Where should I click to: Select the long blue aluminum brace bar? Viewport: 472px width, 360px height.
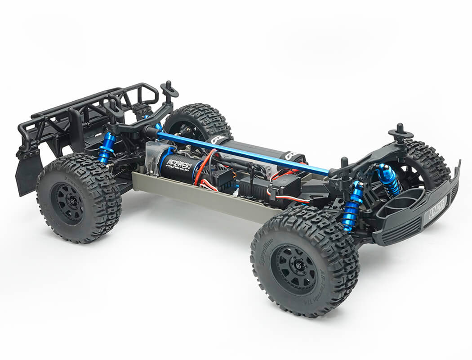[x=243, y=152]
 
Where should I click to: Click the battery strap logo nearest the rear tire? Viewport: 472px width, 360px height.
[x=218, y=140]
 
